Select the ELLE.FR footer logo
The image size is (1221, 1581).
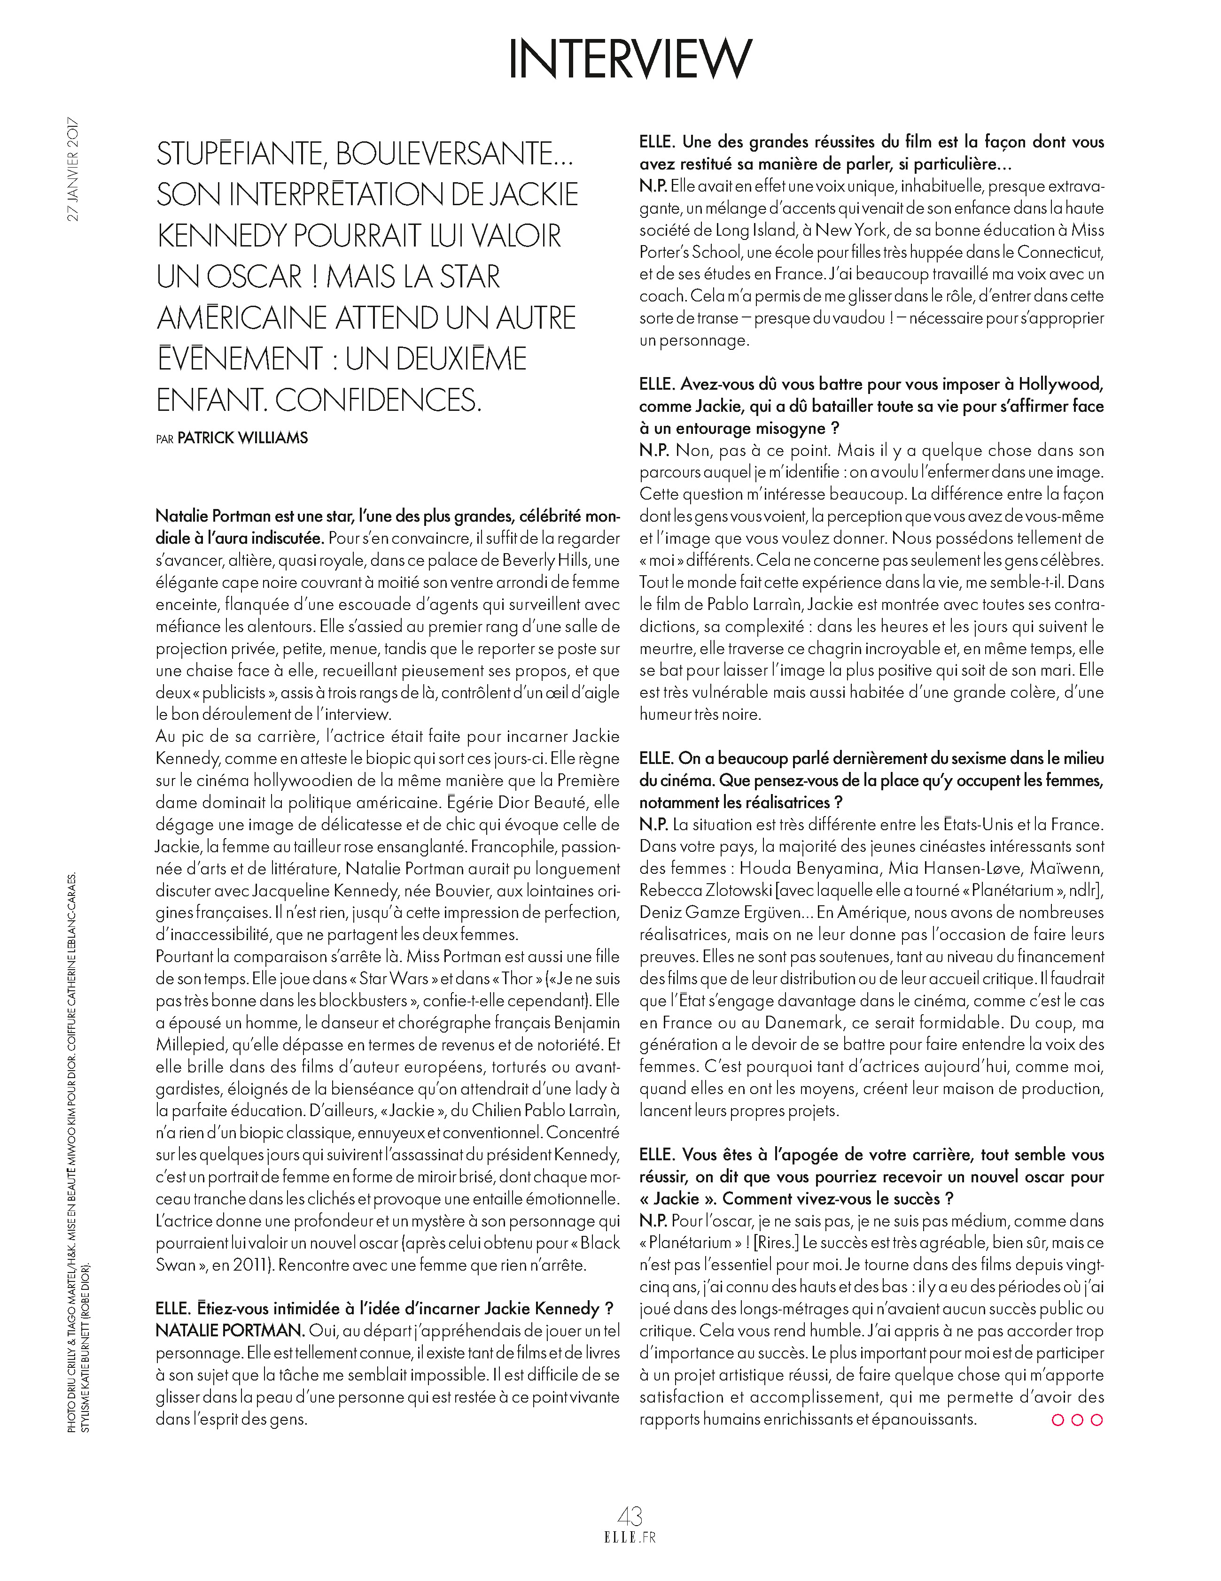pos(630,1537)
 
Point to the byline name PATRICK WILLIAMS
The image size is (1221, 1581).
pos(242,438)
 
